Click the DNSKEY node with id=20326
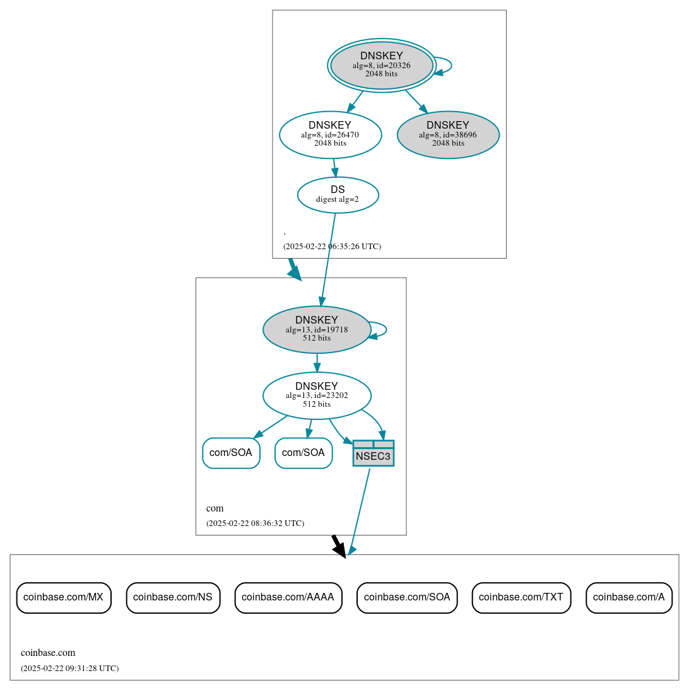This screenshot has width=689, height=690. click(381, 65)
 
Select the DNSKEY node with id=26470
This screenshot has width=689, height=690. click(330, 134)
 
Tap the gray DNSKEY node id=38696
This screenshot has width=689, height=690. click(448, 134)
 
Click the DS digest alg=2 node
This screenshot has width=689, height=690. click(338, 194)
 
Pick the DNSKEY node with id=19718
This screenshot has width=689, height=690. click(316, 329)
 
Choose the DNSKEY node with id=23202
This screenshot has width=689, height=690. click(316, 395)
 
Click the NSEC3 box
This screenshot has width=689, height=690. click(373, 453)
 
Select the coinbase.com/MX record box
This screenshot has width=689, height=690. click(63, 597)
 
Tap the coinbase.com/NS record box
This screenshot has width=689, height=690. click(173, 597)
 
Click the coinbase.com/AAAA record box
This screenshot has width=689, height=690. click(288, 597)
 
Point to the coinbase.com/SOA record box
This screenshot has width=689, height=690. click(406, 597)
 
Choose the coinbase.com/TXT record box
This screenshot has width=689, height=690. click(521, 597)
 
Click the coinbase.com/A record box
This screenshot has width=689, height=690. click(628, 597)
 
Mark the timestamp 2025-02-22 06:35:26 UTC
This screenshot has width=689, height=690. click(332, 246)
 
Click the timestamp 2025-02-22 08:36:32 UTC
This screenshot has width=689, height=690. click(255, 523)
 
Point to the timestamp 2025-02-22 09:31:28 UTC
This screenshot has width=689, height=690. click(69, 668)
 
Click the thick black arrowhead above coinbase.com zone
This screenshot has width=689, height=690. click(340, 549)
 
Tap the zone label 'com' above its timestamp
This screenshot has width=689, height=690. click(215, 508)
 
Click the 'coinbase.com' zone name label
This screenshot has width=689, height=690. click(48, 652)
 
